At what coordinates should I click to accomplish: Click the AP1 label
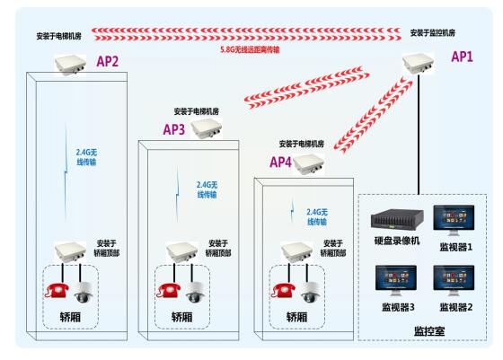(462, 57)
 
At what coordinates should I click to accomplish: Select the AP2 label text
(108, 61)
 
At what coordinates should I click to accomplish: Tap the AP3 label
(174, 129)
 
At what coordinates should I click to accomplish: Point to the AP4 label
(280, 162)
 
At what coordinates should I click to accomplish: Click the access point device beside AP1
(419, 63)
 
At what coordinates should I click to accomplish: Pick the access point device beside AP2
(70, 65)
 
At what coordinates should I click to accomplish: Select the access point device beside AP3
(207, 128)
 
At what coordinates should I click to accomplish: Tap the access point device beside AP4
(309, 164)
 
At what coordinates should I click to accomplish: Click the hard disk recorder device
(397, 219)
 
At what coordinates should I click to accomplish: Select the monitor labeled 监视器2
(454, 280)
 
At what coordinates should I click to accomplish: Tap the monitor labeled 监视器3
(396, 280)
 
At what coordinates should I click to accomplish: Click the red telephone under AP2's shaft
(57, 290)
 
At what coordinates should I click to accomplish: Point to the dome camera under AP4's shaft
(310, 293)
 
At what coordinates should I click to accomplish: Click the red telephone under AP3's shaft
(169, 290)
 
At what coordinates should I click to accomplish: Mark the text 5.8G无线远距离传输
(250, 49)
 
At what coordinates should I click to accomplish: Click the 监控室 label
(429, 331)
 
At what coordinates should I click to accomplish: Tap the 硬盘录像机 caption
(397, 241)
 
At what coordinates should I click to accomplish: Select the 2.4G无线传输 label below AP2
(86, 157)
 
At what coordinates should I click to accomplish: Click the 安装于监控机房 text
(432, 32)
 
